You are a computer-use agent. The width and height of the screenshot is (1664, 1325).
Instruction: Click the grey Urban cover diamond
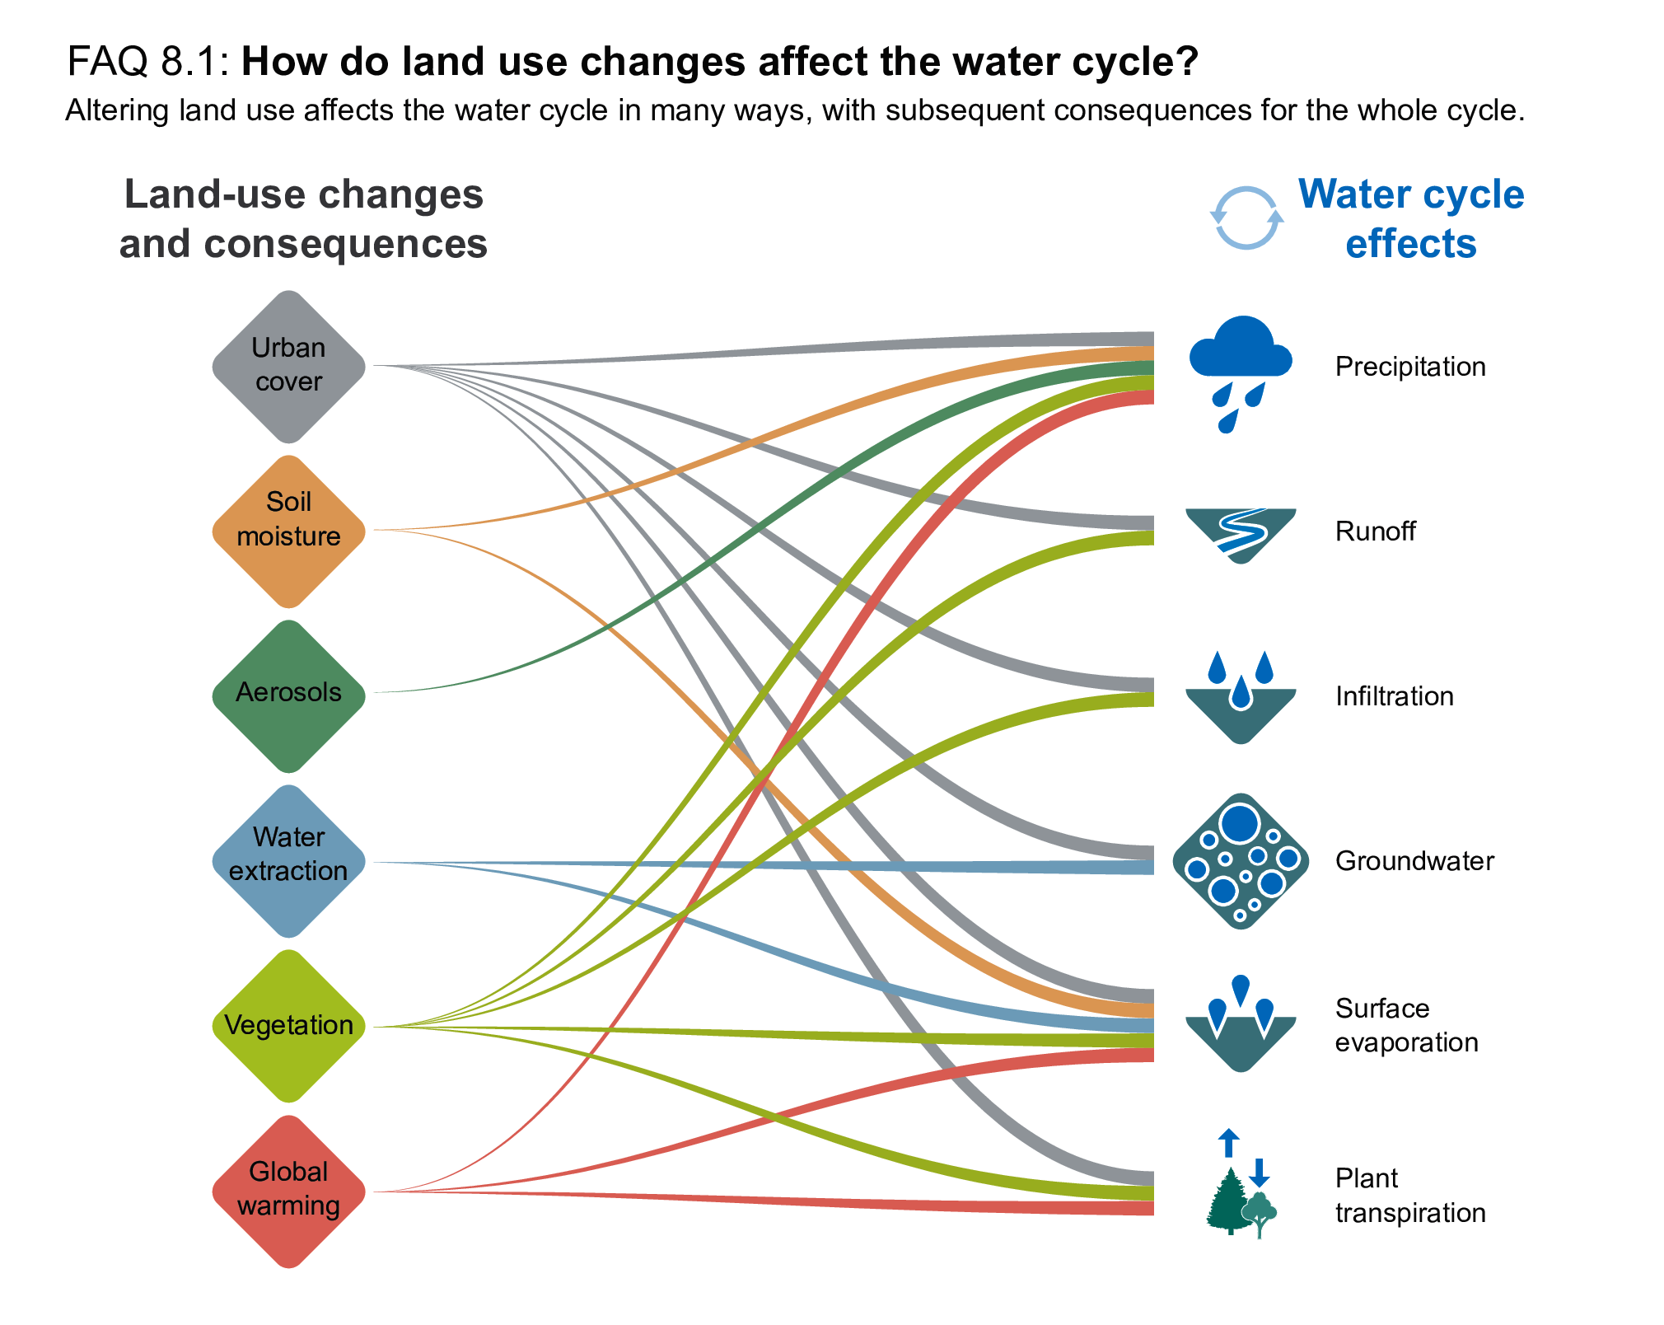point(288,366)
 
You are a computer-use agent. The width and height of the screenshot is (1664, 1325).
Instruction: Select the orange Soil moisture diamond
point(288,531)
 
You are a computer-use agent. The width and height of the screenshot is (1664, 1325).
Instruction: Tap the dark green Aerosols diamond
point(288,695)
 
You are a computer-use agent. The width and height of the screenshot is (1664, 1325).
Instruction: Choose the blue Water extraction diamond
point(288,861)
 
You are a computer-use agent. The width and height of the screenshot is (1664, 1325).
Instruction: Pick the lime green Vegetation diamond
point(288,1026)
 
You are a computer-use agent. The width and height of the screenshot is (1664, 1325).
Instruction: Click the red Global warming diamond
point(288,1191)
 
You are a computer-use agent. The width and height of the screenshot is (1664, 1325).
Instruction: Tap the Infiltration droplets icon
point(1240,697)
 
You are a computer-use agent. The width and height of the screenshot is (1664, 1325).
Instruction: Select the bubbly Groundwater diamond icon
point(1240,861)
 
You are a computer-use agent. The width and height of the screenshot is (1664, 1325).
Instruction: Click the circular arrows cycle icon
point(1246,218)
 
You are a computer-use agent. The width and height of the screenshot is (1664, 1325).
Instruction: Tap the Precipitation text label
point(1410,367)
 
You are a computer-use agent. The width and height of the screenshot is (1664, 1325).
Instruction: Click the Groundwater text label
point(1414,861)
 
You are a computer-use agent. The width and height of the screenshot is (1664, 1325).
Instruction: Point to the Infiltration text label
point(1394,696)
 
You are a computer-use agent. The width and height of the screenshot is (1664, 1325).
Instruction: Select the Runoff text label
point(1375,531)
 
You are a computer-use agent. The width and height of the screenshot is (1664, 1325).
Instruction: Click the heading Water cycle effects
point(1410,219)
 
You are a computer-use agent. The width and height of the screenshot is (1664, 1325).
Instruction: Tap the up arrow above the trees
point(1228,1143)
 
